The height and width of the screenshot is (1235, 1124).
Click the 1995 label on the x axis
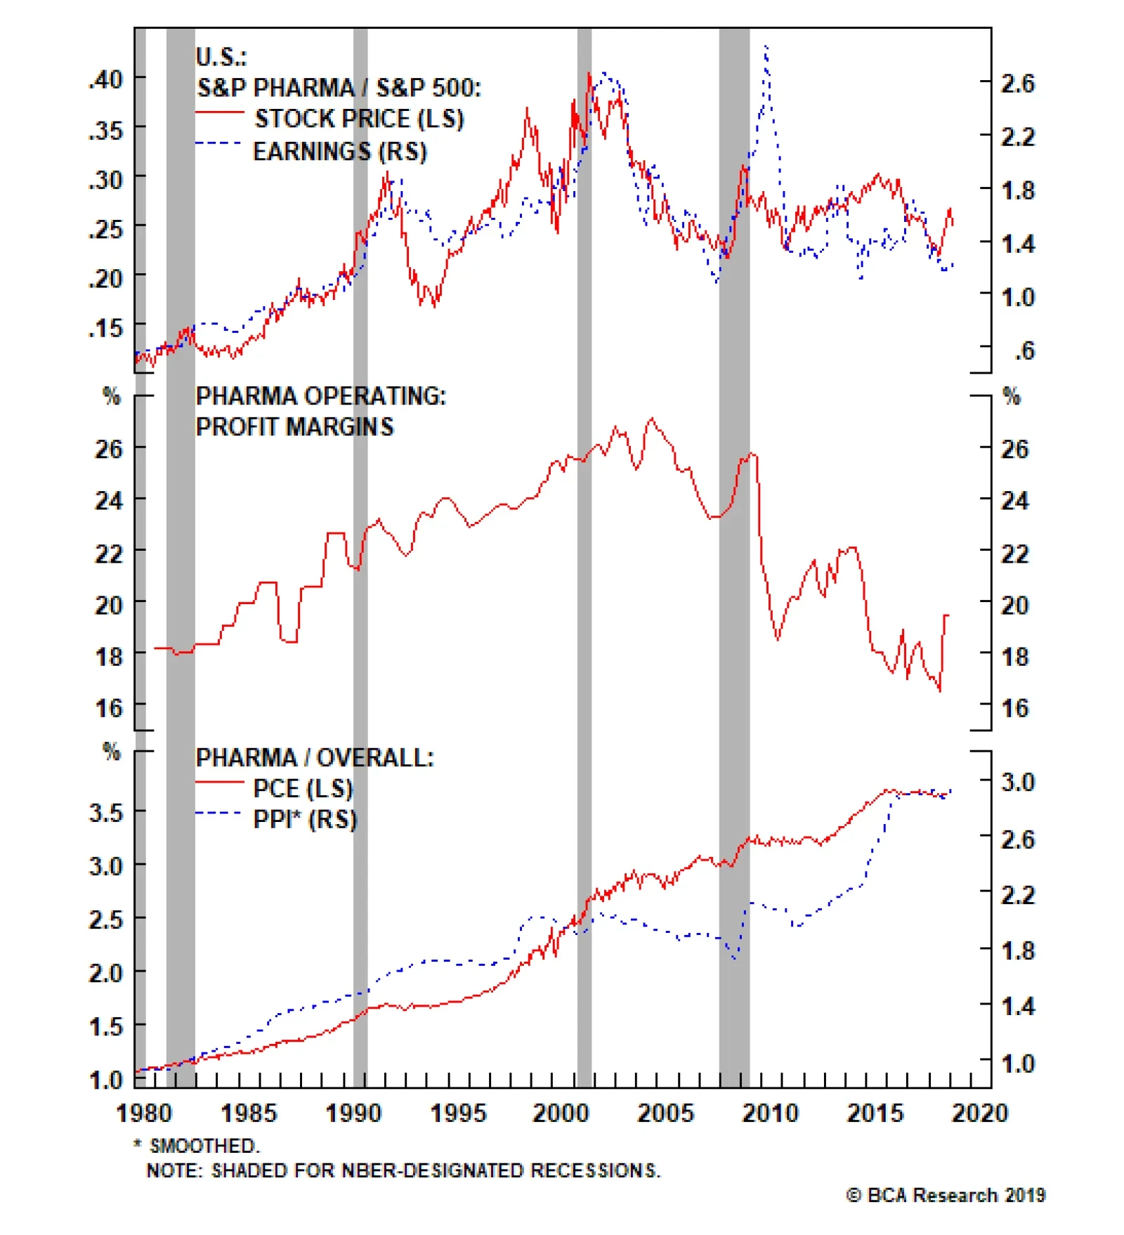point(457,1113)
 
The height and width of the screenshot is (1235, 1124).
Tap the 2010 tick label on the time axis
point(770,1113)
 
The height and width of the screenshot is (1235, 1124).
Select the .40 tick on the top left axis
point(106,79)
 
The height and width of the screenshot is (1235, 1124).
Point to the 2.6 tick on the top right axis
point(1017,84)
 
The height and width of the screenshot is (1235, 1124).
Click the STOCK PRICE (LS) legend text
point(359,119)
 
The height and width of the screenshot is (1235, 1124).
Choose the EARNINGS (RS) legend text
point(340,151)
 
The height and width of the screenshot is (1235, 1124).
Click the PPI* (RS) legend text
point(305,819)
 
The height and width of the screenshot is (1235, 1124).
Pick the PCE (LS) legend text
point(303,788)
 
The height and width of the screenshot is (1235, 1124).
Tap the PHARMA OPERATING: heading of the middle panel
point(320,396)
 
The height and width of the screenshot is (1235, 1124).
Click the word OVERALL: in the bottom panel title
point(375,758)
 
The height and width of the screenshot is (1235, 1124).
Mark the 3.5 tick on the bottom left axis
point(106,813)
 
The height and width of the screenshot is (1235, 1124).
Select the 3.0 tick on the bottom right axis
point(1017,782)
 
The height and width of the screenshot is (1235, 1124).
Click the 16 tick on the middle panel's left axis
point(109,708)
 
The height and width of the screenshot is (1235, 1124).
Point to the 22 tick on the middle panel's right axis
point(1014,554)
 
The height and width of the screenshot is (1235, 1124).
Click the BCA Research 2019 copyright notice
point(946,1195)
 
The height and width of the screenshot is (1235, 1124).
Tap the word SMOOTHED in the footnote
point(203,1146)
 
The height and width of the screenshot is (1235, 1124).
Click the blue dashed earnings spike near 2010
point(766,49)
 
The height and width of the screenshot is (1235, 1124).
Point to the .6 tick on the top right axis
point(1024,351)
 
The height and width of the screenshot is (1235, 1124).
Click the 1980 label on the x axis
point(143,1113)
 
